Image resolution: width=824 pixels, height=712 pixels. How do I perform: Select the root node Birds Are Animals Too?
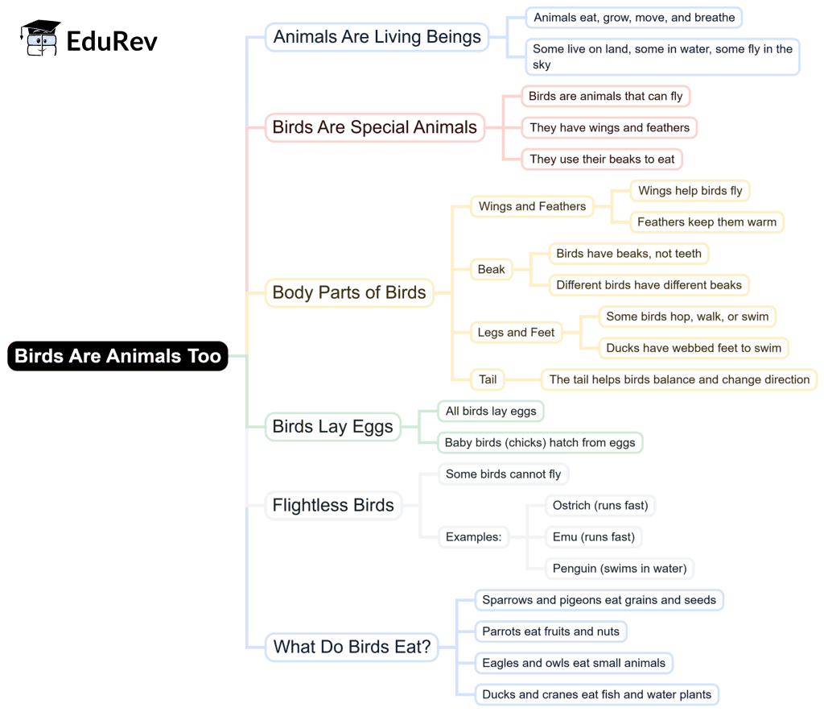click(x=117, y=356)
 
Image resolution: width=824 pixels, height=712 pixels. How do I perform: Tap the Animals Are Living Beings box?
click(x=377, y=37)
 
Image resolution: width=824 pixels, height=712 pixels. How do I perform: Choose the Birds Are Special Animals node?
click(x=375, y=127)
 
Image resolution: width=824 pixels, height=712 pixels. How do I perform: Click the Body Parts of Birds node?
click(x=349, y=292)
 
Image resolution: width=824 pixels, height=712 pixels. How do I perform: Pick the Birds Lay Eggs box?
click(x=332, y=427)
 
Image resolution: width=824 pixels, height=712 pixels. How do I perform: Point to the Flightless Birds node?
click(x=333, y=506)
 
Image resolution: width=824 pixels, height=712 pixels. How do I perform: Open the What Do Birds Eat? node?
click(x=352, y=646)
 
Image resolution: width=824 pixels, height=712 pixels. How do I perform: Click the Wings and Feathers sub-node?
click(x=532, y=206)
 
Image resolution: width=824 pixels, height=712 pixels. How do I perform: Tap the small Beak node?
click(x=491, y=269)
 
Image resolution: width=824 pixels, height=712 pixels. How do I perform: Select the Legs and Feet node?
click(x=516, y=332)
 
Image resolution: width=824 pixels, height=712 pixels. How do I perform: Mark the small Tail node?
click(x=488, y=379)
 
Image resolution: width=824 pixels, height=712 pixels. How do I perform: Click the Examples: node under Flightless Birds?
click(x=473, y=536)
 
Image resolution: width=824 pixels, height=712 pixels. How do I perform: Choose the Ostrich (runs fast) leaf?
click(x=600, y=506)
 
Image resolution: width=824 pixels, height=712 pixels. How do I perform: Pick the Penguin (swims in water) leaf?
click(x=620, y=568)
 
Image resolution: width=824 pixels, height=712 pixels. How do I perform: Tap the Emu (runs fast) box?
click(x=594, y=536)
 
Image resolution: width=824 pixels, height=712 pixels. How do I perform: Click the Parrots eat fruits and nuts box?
click(x=550, y=631)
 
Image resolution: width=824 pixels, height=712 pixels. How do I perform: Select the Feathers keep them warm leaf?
click(x=707, y=221)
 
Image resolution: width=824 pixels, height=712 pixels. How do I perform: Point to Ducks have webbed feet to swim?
click(x=694, y=348)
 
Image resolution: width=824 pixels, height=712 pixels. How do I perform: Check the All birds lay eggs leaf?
click(x=491, y=411)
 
